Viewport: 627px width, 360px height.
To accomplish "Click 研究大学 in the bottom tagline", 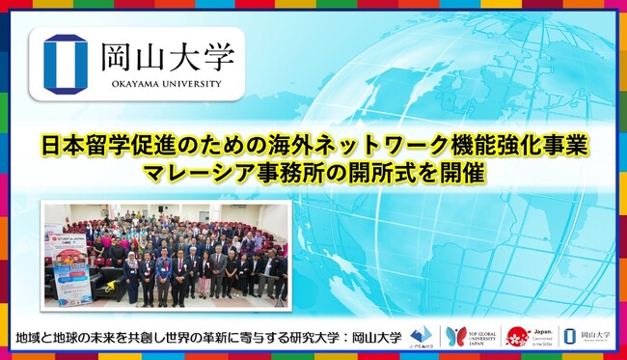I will [x=313, y=338].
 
